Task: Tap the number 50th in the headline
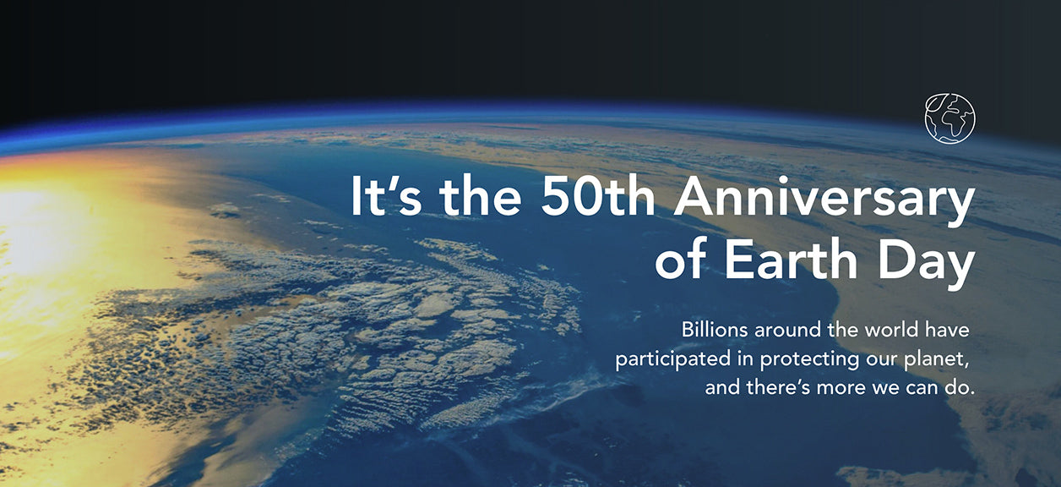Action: coord(598,197)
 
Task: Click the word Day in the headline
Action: coord(927,263)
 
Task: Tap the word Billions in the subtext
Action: coord(715,330)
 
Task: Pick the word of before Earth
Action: coord(681,259)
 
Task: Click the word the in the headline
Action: coord(481,197)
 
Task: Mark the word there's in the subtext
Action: coord(778,387)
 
